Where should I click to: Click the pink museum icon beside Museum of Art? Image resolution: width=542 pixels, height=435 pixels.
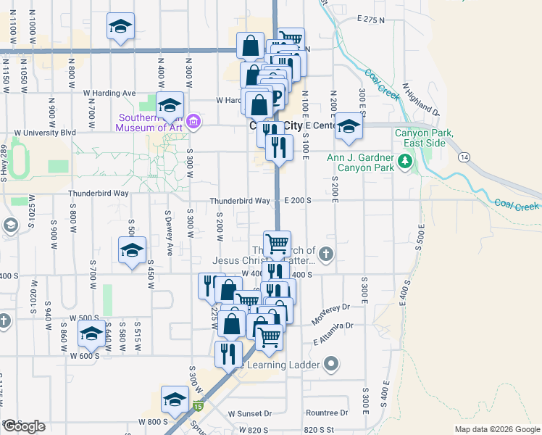193,121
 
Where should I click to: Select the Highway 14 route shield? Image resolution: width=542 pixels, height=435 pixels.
463,157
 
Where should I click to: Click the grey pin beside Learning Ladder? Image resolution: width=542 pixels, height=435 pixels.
332,363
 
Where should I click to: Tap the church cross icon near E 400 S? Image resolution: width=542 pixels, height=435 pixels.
326,254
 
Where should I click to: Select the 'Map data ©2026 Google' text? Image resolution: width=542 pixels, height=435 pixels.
497,429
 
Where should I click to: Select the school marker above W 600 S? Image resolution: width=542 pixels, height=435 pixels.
91,333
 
